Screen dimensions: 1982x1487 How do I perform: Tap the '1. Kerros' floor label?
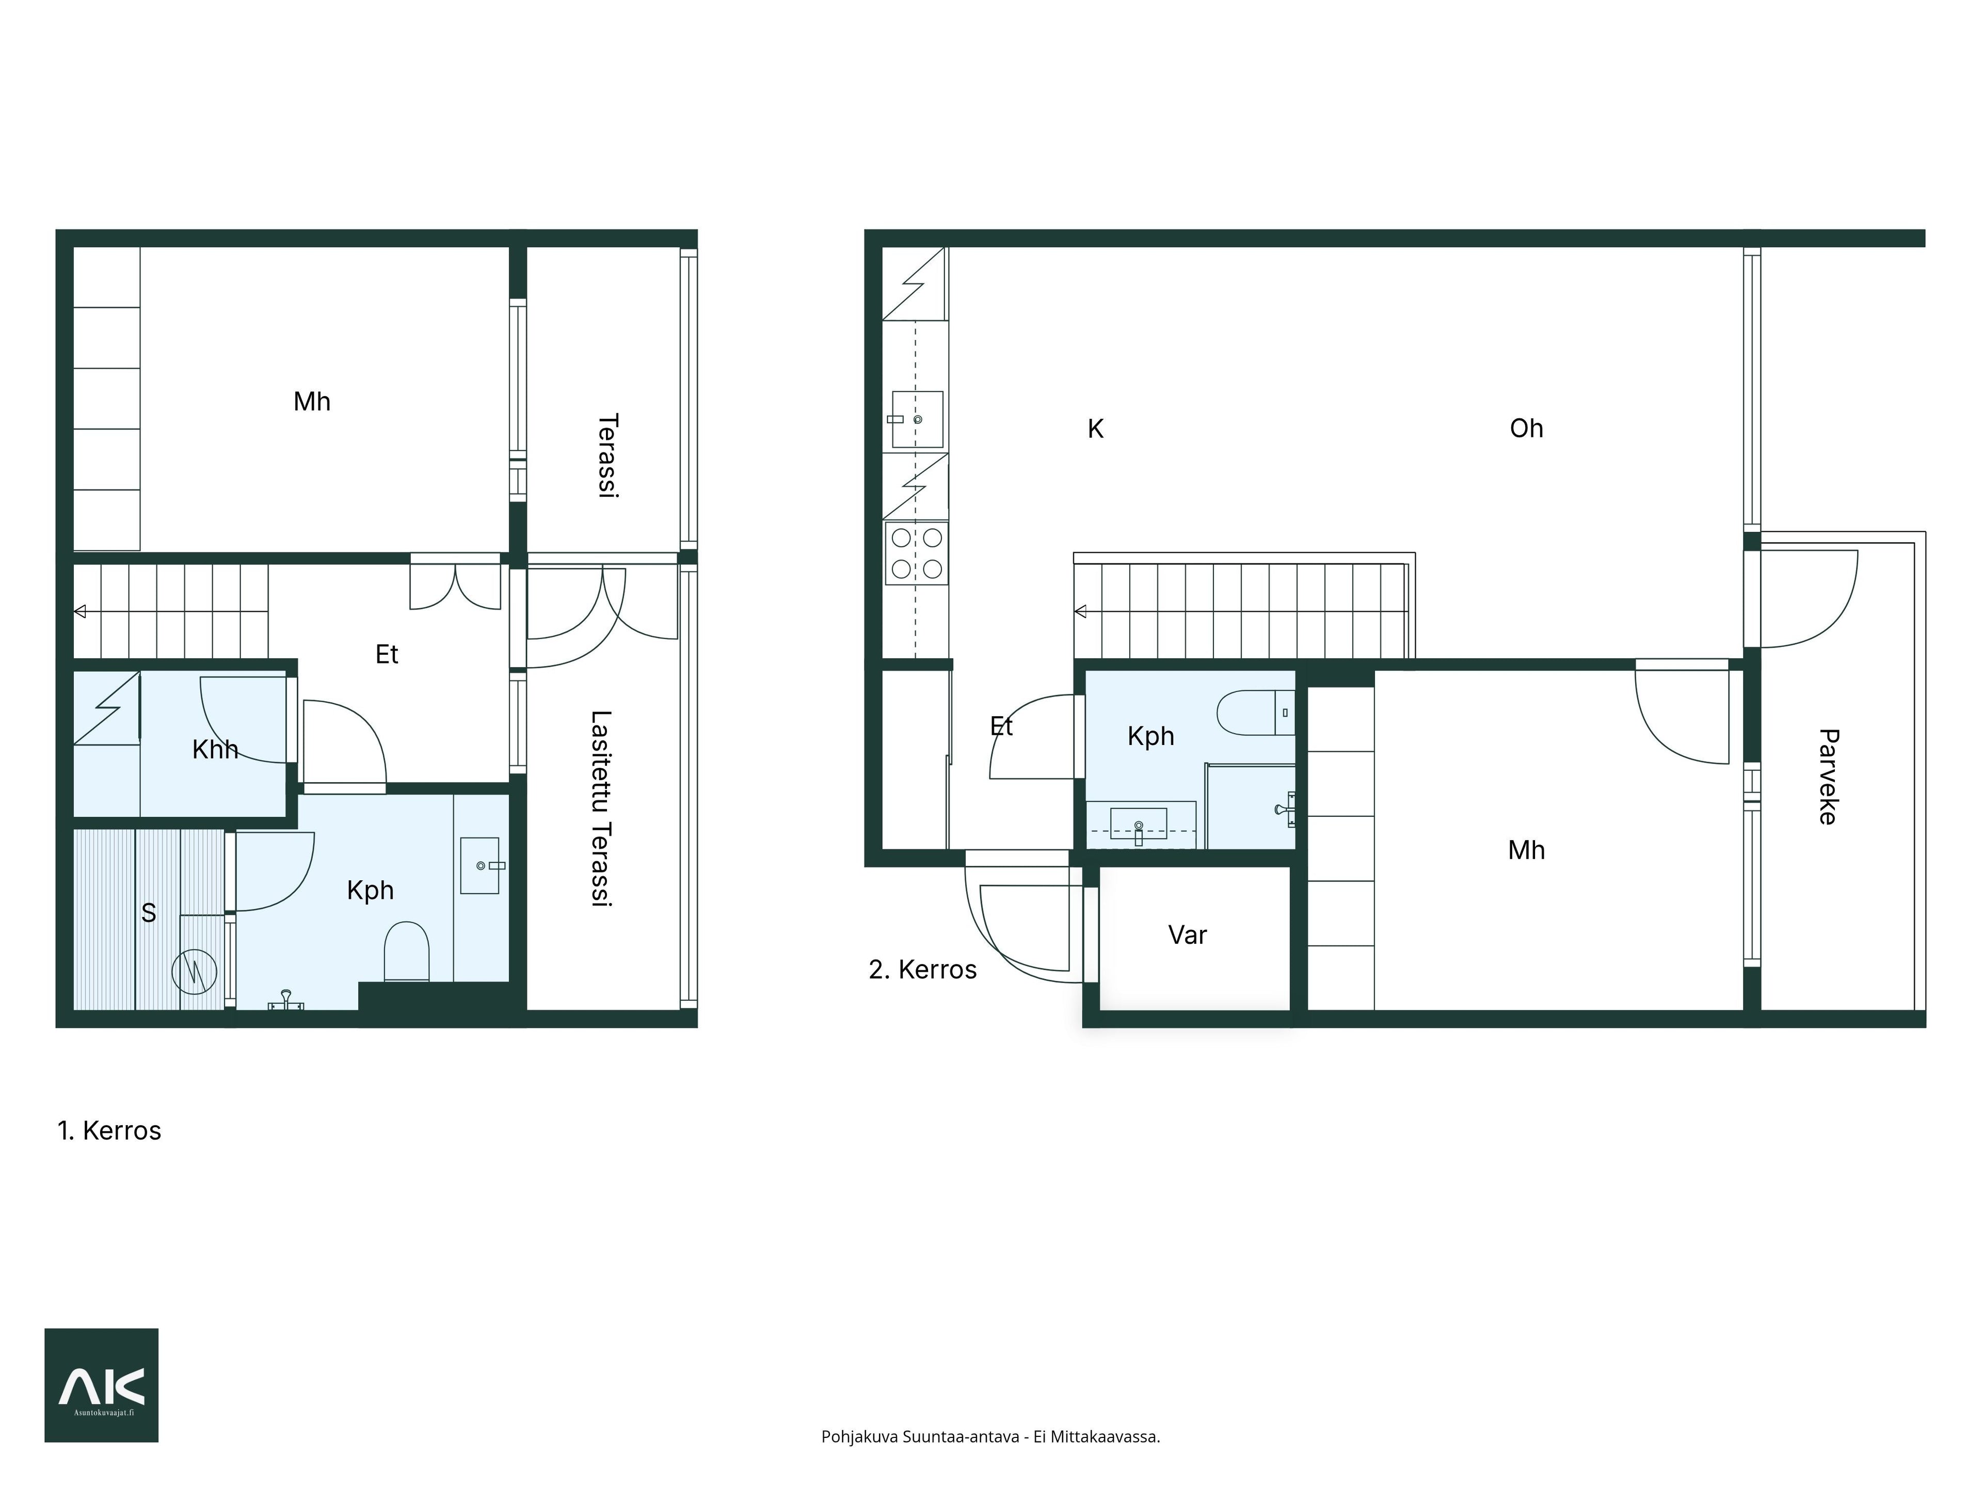pos(109,1131)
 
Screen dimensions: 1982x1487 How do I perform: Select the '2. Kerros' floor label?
pos(923,970)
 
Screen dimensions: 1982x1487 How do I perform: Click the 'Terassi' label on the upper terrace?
pos(609,455)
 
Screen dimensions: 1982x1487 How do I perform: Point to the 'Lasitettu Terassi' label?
pos(601,809)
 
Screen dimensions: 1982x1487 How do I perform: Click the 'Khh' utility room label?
pos(215,749)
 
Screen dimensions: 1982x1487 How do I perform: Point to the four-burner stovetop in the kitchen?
pos(917,553)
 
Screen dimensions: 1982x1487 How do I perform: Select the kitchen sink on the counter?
pos(917,419)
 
